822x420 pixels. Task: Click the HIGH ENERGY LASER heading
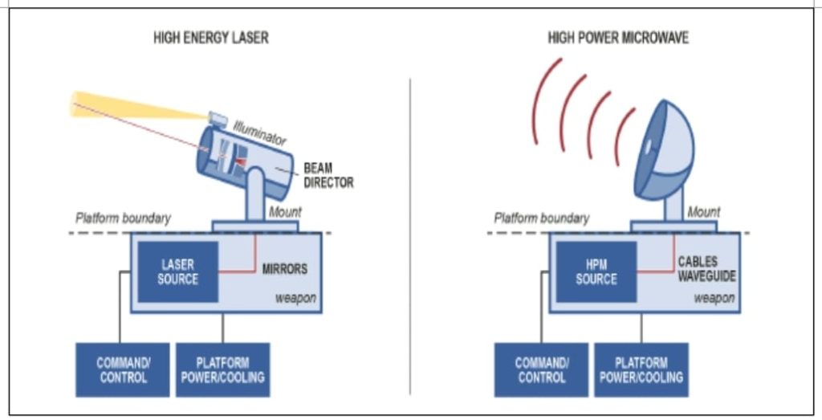click(210, 38)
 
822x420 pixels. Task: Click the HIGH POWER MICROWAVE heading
click(617, 38)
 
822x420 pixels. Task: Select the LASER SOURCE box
click(178, 271)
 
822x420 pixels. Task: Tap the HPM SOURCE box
click(596, 271)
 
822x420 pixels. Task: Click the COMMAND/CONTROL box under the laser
click(123, 370)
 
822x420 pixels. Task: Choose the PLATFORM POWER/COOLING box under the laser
click(222, 370)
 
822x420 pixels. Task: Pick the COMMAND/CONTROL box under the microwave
click(542, 370)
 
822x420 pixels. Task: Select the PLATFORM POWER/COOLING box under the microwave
click(641, 370)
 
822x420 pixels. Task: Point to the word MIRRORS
click(284, 268)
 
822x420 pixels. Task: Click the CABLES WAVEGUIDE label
click(706, 269)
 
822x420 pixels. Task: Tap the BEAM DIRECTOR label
click(328, 176)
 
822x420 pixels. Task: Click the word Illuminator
click(259, 133)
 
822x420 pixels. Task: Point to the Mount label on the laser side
click(285, 212)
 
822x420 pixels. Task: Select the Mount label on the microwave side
click(703, 212)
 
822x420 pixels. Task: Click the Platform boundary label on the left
click(123, 218)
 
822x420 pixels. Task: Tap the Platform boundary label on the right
click(541, 218)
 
